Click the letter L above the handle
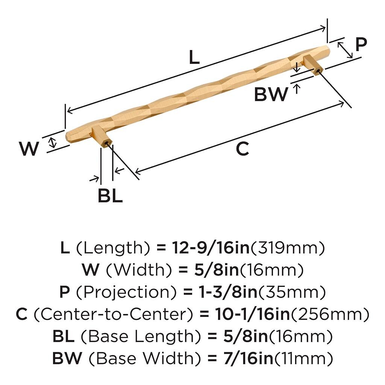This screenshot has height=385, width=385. [x=194, y=58]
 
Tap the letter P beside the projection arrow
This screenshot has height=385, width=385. [x=361, y=45]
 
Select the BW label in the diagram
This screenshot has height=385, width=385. [x=271, y=94]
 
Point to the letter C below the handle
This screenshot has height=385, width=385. [x=243, y=149]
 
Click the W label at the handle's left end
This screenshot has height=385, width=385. [x=29, y=149]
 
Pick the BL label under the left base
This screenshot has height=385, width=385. [x=110, y=196]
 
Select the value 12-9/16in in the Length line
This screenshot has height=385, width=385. [x=211, y=248]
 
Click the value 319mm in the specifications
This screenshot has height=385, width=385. [x=288, y=248]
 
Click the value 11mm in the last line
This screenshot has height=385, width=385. [x=304, y=358]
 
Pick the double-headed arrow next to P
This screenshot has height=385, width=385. [x=345, y=50]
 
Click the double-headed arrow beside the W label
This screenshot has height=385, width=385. [x=53, y=142]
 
